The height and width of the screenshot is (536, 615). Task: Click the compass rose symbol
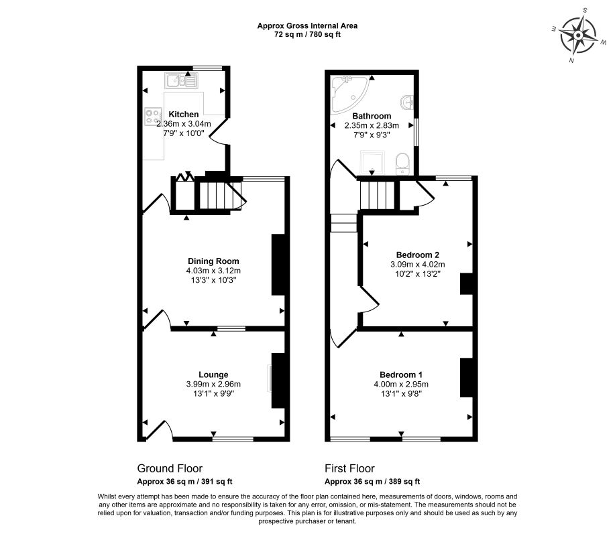pos(578,36)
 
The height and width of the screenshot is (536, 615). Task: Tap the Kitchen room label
pos(184,115)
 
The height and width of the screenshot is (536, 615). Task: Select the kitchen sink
pos(181,80)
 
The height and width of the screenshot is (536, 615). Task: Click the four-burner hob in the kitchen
pos(153,117)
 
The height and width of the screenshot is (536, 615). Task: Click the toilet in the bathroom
pos(402,163)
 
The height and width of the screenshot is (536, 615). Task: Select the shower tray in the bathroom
pos(372,162)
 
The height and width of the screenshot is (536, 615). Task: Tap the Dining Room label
pos(213,261)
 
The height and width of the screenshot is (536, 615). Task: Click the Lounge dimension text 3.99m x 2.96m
pos(213,385)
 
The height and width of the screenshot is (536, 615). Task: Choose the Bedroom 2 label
pos(418,255)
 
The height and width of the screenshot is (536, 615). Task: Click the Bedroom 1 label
pos(401,375)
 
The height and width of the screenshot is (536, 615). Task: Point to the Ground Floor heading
pos(170,468)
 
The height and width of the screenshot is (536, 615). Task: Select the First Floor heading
pos(349,468)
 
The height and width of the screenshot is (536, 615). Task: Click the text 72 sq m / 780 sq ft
pos(307,34)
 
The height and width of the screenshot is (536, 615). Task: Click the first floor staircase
pos(377,196)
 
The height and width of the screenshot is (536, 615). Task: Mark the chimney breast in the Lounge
pos(278,381)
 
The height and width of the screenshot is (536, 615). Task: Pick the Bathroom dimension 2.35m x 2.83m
pos(372,126)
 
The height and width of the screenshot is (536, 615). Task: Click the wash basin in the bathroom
pos(408,103)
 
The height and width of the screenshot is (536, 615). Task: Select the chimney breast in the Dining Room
pos(278,265)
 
